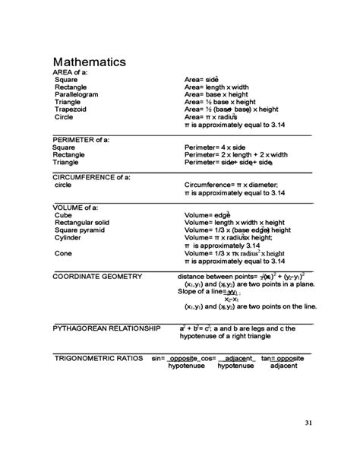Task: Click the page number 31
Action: pyautogui.click(x=308, y=423)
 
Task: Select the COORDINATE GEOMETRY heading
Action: pyautogui.click(x=97, y=276)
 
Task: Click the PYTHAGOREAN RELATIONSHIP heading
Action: pyautogui.click(x=106, y=328)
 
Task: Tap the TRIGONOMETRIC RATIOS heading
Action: pyautogui.click(x=99, y=357)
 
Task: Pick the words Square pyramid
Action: pyautogui.click(x=81, y=230)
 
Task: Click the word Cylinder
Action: pyautogui.click(x=68, y=237)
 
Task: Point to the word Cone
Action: pyautogui.click(x=63, y=252)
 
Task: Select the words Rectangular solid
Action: pyautogui.click(x=82, y=222)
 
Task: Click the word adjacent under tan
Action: pyautogui.click(x=278, y=366)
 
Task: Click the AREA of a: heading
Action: pyautogui.click(x=71, y=71)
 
